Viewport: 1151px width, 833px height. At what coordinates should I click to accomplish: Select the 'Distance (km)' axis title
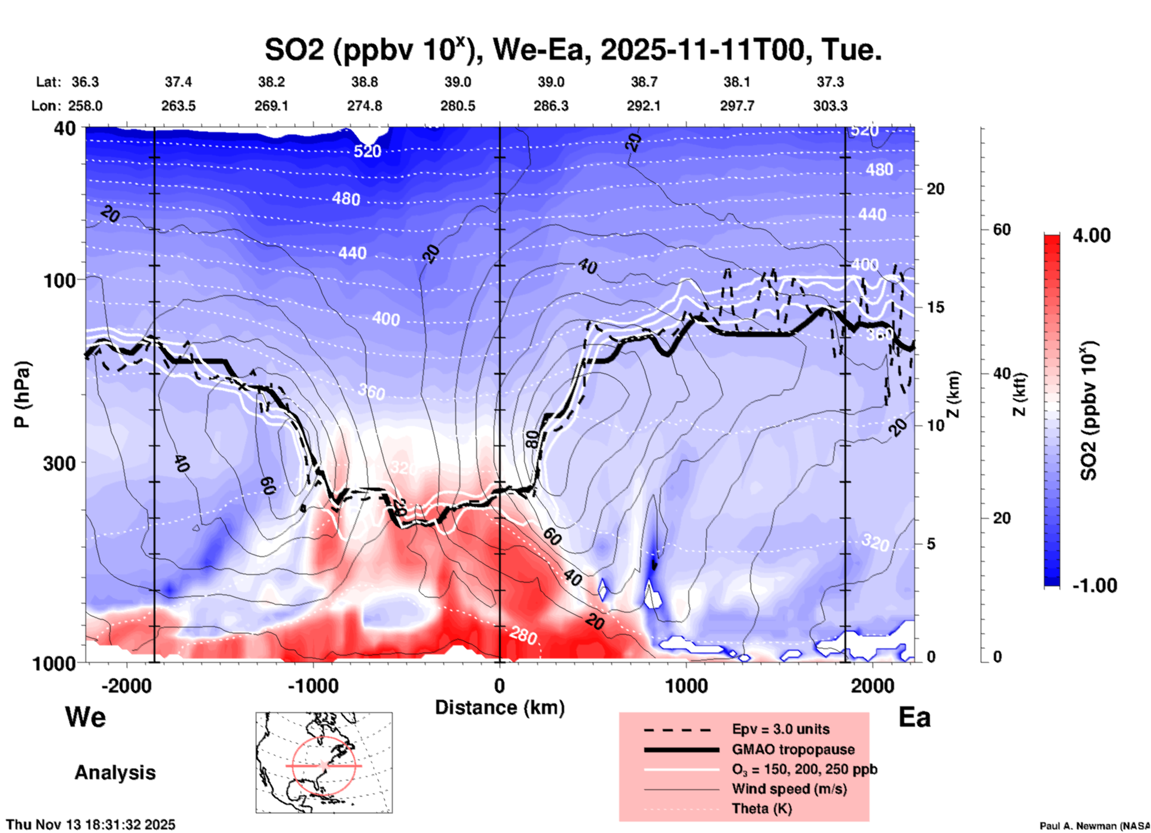500,708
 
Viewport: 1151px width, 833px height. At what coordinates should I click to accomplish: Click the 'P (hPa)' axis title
22,394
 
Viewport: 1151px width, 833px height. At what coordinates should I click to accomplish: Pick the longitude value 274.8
365,106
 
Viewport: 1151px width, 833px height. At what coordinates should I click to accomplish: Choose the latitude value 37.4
178,82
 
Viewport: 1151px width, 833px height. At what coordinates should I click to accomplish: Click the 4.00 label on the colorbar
1091,235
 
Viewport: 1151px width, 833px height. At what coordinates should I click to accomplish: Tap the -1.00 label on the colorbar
1094,586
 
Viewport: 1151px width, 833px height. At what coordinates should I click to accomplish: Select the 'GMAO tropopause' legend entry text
793,749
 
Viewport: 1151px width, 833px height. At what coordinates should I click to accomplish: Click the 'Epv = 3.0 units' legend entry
780,729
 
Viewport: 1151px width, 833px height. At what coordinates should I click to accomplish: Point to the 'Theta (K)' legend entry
761,808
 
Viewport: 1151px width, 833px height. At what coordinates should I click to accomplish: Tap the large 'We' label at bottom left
85,716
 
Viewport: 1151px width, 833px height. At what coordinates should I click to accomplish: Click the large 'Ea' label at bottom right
914,717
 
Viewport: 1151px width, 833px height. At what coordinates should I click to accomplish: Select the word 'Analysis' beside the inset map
115,773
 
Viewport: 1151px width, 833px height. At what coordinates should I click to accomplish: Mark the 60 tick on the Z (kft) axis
1002,230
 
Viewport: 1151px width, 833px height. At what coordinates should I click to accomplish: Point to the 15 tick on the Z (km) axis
935,307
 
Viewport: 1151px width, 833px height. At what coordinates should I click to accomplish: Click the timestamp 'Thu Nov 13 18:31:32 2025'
91,825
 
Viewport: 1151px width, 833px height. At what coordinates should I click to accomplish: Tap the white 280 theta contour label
523,636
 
